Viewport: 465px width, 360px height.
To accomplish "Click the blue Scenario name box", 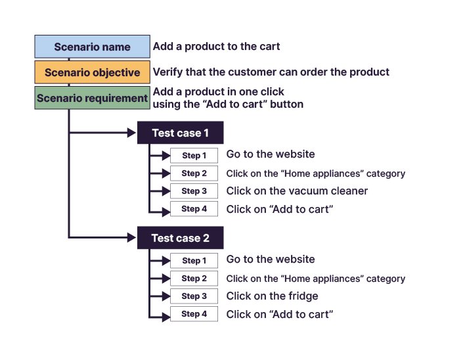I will tap(92, 47).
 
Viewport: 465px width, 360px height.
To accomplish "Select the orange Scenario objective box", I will tap(92, 72).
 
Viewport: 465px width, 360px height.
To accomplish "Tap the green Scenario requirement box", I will tap(92, 98).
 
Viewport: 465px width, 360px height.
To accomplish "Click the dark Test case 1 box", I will tap(180, 133).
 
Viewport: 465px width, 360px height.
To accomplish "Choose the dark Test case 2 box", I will tap(180, 238).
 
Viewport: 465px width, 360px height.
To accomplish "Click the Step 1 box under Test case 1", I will tap(194, 156).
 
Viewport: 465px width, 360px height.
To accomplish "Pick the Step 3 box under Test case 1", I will tap(194, 191).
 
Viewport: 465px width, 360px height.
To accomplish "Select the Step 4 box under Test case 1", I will tap(194, 209).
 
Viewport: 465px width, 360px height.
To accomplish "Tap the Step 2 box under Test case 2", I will tap(194, 279).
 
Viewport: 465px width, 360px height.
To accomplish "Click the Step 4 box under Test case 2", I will tap(194, 314).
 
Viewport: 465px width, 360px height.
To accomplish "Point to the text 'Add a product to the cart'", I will tap(216, 47).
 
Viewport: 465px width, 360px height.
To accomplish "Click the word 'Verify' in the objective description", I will tap(167, 72).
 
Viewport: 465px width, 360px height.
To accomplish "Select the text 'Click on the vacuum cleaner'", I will tap(297, 191).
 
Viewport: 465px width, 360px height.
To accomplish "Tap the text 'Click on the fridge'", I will tap(272, 296).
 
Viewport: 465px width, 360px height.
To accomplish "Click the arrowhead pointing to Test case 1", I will tap(130, 133).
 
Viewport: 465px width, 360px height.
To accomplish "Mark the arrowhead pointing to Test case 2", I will tap(130, 238).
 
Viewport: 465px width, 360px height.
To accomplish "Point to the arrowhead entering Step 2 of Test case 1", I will tap(166, 173).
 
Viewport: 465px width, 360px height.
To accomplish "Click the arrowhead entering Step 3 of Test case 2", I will tap(166, 296).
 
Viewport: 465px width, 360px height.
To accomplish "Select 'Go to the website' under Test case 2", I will tap(270, 259).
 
